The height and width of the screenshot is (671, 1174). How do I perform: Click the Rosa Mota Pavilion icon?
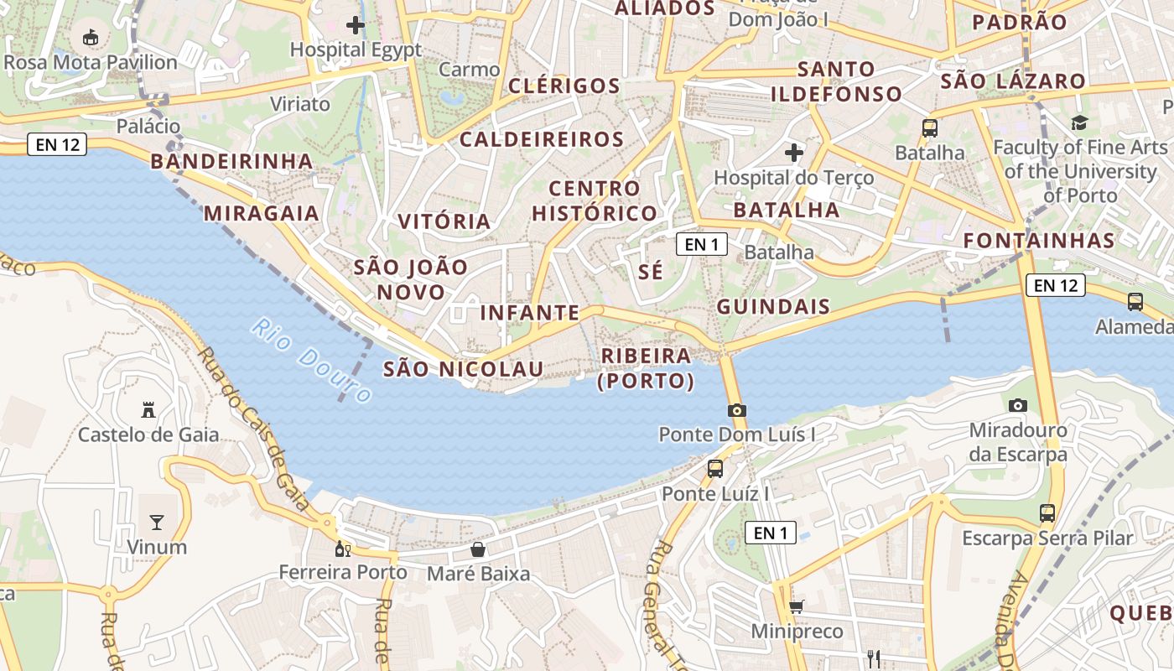click(90, 37)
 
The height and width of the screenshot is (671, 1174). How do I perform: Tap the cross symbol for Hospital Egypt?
click(356, 24)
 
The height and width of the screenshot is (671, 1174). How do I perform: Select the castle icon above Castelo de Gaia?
click(148, 409)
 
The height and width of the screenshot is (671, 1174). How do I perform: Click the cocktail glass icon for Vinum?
click(157, 523)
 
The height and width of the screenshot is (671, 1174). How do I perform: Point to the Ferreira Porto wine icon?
click(342, 549)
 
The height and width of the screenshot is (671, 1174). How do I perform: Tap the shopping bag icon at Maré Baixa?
click(478, 549)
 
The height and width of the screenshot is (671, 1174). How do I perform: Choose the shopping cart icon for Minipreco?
click(796, 606)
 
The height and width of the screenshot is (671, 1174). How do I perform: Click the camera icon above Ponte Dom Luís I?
click(737, 410)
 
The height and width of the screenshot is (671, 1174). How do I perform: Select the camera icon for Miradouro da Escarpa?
click(1018, 405)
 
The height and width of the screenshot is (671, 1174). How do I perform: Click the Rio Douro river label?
click(311, 360)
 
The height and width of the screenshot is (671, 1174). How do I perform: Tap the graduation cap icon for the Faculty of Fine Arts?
click(1079, 123)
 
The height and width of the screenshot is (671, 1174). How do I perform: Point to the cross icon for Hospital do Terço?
click(793, 153)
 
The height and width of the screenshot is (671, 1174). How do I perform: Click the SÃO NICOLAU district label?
click(463, 369)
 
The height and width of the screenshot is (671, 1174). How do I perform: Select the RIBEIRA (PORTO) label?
click(646, 368)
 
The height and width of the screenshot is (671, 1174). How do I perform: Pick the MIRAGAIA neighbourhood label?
click(262, 213)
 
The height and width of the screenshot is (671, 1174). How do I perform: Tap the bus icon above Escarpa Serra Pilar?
click(1047, 512)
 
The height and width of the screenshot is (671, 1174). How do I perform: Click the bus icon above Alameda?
click(1135, 302)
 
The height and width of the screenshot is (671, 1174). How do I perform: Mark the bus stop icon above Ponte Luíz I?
click(715, 469)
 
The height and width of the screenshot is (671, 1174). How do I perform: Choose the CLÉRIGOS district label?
click(564, 86)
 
